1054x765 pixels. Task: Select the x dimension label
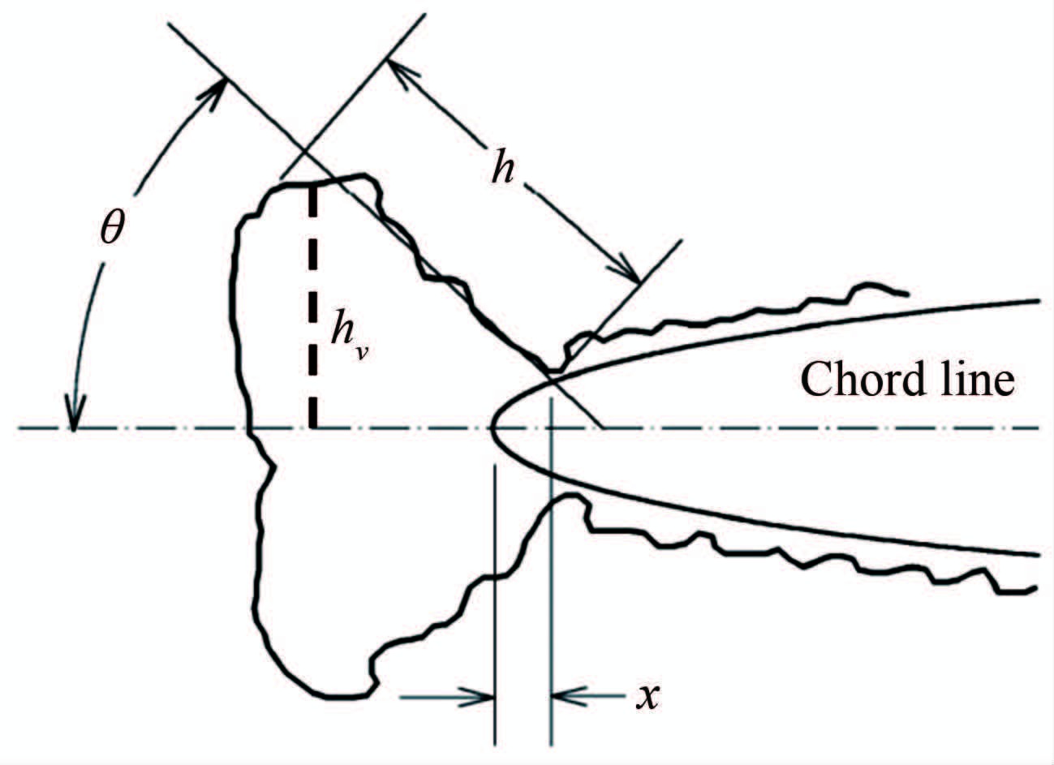(x=645, y=696)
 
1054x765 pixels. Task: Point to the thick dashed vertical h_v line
(x=312, y=308)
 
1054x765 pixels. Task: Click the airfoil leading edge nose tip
(x=492, y=428)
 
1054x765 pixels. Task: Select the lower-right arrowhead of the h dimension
(x=630, y=274)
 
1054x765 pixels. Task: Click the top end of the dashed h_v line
(x=312, y=187)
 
